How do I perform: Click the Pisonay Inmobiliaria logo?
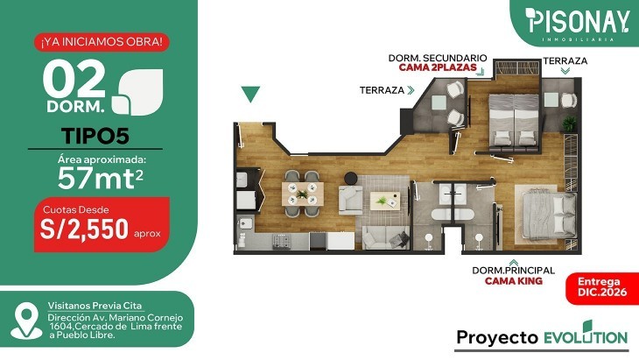(x=577, y=24)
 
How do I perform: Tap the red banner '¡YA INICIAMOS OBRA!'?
(x=102, y=42)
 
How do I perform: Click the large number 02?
(x=74, y=79)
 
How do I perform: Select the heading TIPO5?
(x=95, y=136)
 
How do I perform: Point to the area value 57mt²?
(x=101, y=179)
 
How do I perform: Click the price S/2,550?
(x=84, y=229)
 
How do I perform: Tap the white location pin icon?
(x=26, y=321)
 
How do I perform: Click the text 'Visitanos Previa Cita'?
(x=95, y=306)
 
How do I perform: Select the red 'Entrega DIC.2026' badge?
(x=602, y=287)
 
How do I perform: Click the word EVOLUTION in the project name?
(x=586, y=335)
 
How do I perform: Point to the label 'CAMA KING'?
(x=514, y=281)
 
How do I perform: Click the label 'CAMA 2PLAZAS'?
(x=438, y=67)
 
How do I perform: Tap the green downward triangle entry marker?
(x=250, y=95)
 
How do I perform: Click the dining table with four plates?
(x=303, y=194)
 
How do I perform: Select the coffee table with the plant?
(x=384, y=201)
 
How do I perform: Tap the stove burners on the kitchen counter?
(x=281, y=241)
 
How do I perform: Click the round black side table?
(x=351, y=178)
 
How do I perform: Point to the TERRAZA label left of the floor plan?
(x=382, y=90)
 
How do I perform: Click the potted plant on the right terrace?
(x=569, y=124)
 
